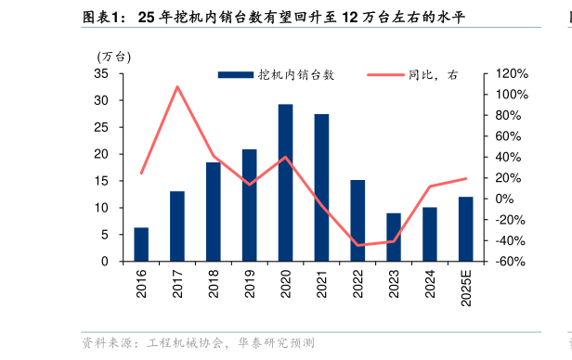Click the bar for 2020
[x=285, y=183]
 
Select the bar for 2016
[x=141, y=244]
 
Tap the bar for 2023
[x=394, y=238]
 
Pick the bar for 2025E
[x=465, y=229]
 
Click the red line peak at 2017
[x=177, y=87]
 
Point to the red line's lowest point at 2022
[x=357, y=246]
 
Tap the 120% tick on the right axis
[x=512, y=73]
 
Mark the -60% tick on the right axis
[x=512, y=262]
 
